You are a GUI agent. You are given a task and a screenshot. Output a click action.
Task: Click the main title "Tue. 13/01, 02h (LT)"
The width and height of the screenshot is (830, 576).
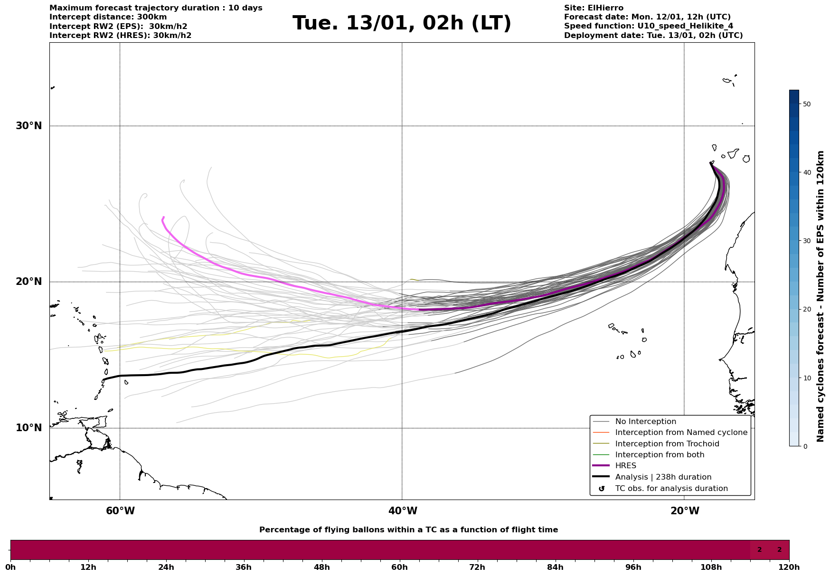pos(402,23)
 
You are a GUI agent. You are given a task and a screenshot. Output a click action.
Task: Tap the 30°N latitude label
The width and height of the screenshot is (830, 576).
pos(29,126)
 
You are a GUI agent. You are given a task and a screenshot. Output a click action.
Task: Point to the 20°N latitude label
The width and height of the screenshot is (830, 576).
pos(29,282)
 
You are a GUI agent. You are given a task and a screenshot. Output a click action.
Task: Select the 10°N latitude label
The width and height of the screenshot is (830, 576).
pos(29,428)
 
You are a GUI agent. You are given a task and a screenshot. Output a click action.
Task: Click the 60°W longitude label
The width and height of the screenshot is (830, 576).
pos(120,511)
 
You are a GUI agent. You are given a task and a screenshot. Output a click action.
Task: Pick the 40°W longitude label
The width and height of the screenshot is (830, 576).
pos(403,511)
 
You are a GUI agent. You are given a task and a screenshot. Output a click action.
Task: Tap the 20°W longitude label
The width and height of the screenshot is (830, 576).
pos(685,511)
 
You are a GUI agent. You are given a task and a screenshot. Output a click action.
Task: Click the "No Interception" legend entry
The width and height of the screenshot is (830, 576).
pos(645,422)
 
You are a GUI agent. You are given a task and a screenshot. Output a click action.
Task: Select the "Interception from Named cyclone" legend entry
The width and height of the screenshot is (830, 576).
pos(681,433)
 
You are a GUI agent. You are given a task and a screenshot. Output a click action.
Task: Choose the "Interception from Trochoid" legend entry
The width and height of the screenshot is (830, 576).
pos(667,444)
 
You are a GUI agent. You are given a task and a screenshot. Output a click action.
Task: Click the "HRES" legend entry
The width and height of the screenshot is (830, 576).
pos(625,466)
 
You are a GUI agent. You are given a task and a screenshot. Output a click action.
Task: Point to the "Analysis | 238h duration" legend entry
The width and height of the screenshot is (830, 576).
pos(663,477)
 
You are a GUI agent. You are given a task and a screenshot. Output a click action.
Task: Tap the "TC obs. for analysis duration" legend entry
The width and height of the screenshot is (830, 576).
pos(671,489)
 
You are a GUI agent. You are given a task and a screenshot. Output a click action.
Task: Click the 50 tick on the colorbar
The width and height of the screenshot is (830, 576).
pos(806,104)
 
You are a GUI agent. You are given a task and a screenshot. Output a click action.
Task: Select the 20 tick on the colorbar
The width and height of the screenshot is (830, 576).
pos(806,310)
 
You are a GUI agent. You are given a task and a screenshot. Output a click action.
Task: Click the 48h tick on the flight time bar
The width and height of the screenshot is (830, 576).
pos(322,567)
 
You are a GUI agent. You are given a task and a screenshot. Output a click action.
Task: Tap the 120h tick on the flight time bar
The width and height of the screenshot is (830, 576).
pos(789,567)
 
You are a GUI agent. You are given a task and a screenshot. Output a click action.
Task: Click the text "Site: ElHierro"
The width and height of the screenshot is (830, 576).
pos(594,8)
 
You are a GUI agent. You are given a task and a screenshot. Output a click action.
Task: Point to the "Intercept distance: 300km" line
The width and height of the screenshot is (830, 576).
pos(108,17)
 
